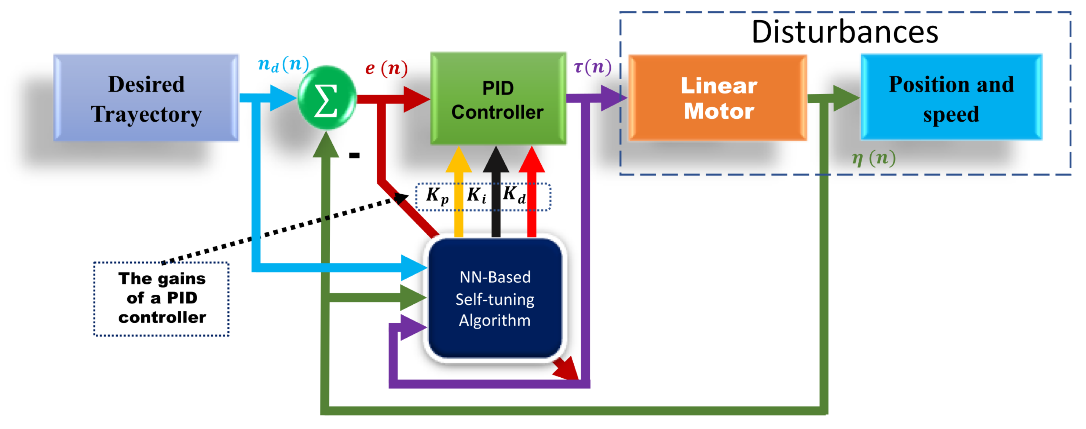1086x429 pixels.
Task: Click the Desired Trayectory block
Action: pos(146,98)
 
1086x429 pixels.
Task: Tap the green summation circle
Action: pos(327,98)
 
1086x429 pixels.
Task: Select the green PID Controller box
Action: pos(498,99)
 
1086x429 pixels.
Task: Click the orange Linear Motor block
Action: pos(718,98)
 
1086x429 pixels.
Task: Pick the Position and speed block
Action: pos(951,98)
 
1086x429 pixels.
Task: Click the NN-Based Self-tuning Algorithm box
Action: pos(495,298)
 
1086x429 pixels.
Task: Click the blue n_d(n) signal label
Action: pos(283,64)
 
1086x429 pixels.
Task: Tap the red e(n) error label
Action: pos(386,68)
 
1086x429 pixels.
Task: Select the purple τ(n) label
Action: pos(592,67)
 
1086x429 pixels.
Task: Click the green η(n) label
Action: pos(874,158)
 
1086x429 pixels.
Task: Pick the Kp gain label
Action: pos(437,196)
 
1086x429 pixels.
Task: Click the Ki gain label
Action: pos(476,195)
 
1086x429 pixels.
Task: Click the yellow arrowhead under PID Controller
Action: pos(459,160)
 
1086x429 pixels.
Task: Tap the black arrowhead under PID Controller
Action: pos(496,160)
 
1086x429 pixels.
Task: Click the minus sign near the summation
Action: pos(354,155)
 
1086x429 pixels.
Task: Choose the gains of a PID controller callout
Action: pos(161,298)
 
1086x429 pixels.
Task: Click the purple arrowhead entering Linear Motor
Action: pos(613,98)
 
